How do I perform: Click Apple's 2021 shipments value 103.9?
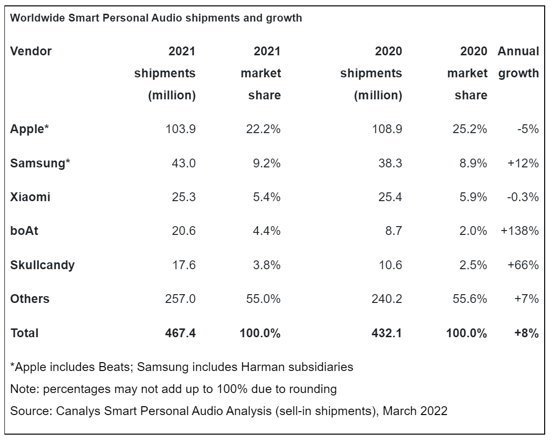pyautogui.click(x=182, y=130)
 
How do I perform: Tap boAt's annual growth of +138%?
pyautogui.click(x=520, y=231)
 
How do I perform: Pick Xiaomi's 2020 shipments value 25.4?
pyautogui.click(x=388, y=197)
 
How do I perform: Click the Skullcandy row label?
pyautogui.click(x=43, y=265)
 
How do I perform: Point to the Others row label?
pyautogui.click(x=30, y=299)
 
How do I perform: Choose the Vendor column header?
pyautogui.click(x=31, y=51)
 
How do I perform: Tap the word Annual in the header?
pyautogui.click(x=518, y=51)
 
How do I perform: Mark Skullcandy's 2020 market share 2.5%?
pyautogui.click(x=473, y=265)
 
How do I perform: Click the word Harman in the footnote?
pyautogui.click(x=232, y=367)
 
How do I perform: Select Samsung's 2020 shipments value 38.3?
pyautogui.click(x=388, y=163)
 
